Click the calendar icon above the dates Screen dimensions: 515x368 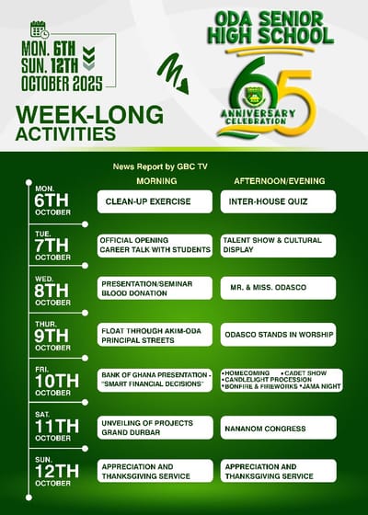click(x=40, y=29)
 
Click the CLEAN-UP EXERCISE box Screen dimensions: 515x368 click(x=155, y=201)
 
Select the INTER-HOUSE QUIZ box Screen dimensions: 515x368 click(x=277, y=201)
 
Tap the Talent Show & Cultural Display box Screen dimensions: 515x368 click(x=277, y=244)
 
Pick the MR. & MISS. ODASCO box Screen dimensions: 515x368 click(x=277, y=288)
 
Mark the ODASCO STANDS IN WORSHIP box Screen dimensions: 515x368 click(x=277, y=335)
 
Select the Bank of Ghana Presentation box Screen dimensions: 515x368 click(x=155, y=379)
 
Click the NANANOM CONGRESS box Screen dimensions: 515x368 click(x=277, y=427)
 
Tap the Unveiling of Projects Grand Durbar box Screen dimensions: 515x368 click(x=155, y=427)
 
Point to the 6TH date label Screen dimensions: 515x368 click(x=52, y=201)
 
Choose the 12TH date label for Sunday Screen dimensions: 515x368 click(x=53, y=471)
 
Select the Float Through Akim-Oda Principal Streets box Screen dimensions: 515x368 click(x=155, y=335)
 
